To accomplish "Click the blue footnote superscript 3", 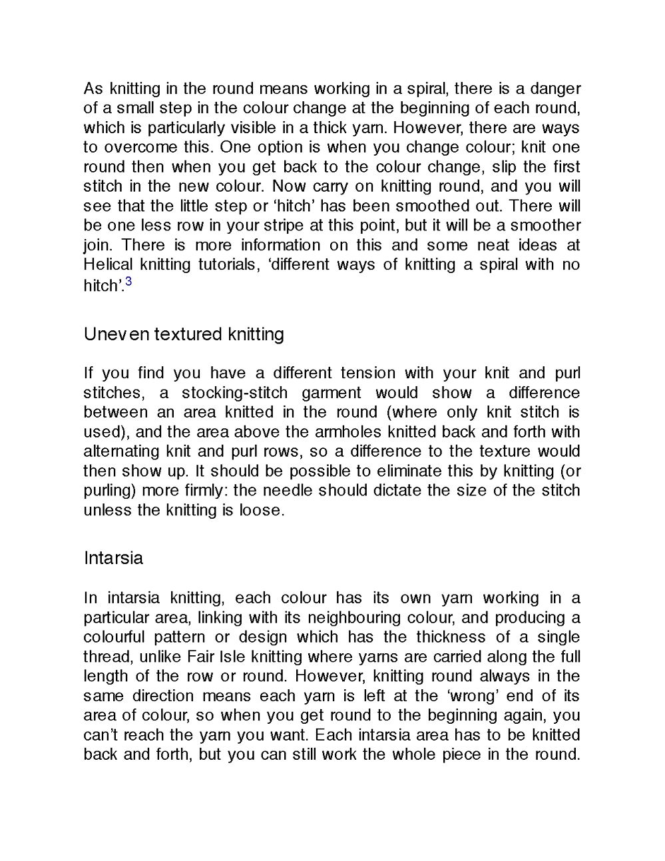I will click(x=128, y=282).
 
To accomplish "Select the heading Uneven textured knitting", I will click(x=184, y=334).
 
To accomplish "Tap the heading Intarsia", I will click(x=113, y=557).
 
